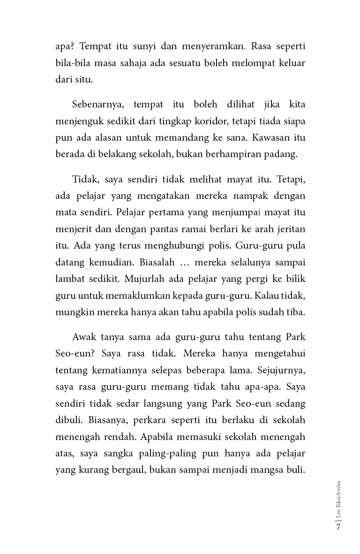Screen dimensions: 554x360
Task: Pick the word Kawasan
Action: click(271, 137)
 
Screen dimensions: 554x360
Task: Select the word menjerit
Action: click(71, 229)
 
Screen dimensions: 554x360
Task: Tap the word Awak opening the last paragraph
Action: click(84, 337)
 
